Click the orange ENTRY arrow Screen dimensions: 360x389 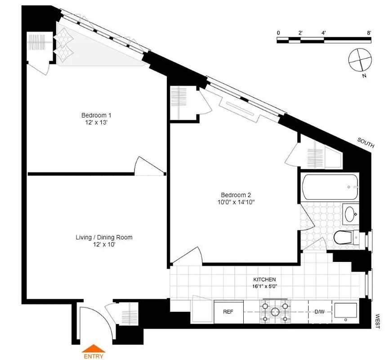click(94, 348)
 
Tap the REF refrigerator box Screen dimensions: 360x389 click(228, 311)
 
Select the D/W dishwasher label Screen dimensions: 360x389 click(319, 311)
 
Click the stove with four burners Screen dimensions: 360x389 click(274, 312)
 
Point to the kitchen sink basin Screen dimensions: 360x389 click(346, 312)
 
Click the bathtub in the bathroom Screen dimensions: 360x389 click(331, 187)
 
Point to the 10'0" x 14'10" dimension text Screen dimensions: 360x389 click(236, 202)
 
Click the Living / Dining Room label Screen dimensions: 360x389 click(104, 237)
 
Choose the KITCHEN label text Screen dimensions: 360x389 click(264, 279)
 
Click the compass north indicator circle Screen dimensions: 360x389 click(360, 59)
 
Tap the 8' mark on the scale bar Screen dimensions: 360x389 click(369, 33)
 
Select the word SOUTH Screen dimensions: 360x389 click(366, 143)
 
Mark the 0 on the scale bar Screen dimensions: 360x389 click(278, 33)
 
